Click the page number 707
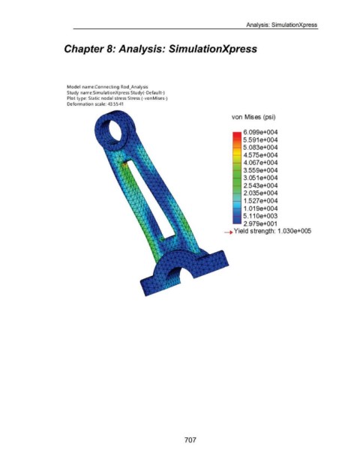click(190, 439)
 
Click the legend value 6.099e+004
click(260, 132)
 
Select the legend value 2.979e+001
click(260, 223)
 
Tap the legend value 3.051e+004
click(260, 178)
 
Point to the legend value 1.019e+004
click(260, 208)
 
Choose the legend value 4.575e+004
click(260, 155)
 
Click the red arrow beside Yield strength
click(229, 232)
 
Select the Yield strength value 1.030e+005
click(294, 231)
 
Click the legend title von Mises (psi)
click(253, 117)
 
